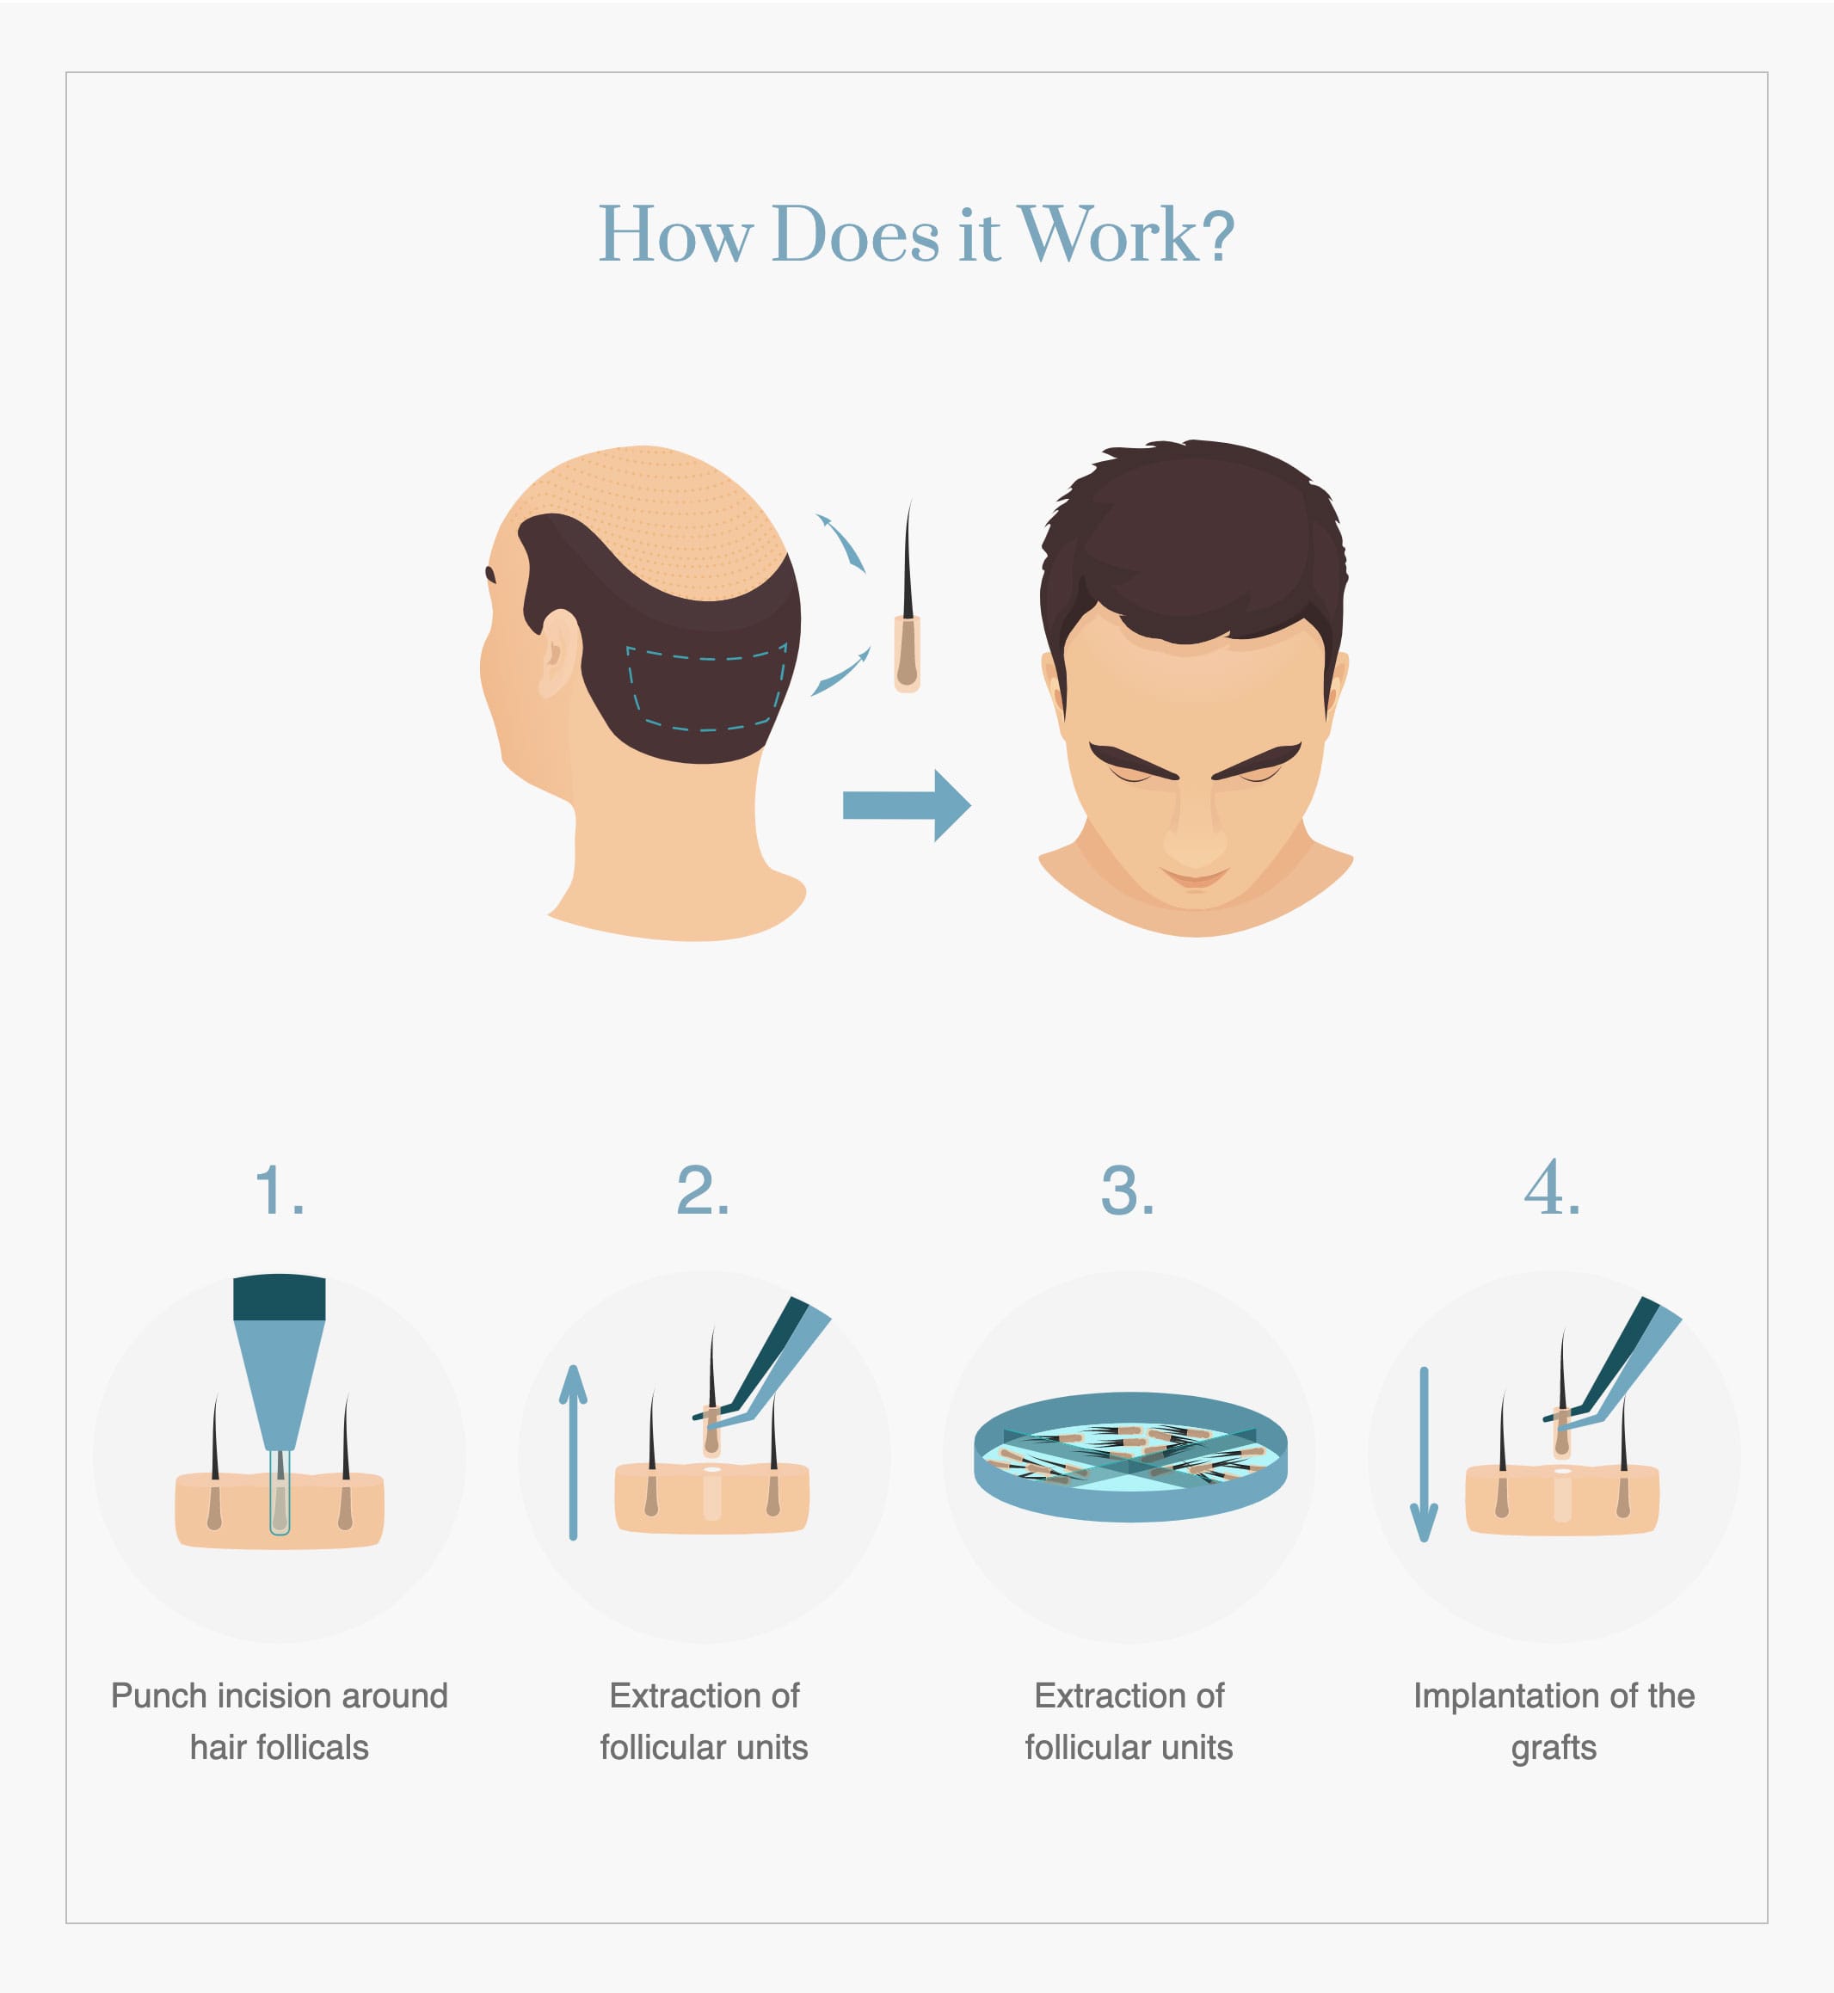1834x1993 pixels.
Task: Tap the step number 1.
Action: click(279, 1190)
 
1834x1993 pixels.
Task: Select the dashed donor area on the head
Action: click(705, 691)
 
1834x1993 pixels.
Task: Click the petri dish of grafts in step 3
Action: click(1130, 1457)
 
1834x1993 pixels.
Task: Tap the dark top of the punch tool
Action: click(279, 1297)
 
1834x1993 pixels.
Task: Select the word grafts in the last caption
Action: click(1554, 1748)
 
